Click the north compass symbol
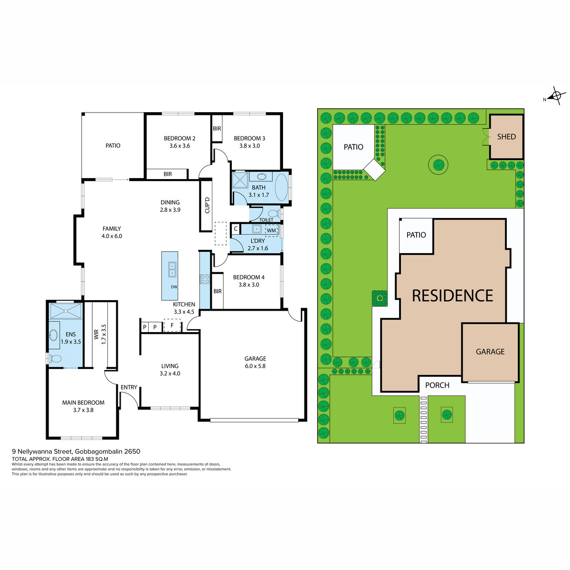(x=556, y=96)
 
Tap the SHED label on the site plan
(x=506, y=137)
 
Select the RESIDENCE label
(x=452, y=295)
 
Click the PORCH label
(x=437, y=385)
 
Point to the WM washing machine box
(x=271, y=230)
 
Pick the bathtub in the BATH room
(x=281, y=187)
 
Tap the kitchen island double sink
(x=172, y=269)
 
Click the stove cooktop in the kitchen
(x=204, y=279)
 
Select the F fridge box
(x=172, y=325)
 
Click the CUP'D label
(x=207, y=205)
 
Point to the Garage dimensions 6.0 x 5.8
(x=255, y=366)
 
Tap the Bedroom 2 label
(x=180, y=138)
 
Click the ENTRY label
(x=129, y=387)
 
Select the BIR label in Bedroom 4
(x=218, y=291)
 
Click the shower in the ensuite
(x=66, y=311)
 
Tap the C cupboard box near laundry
(x=236, y=229)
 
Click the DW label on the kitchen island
(x=174, y=287)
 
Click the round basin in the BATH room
(x=261, y=177)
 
